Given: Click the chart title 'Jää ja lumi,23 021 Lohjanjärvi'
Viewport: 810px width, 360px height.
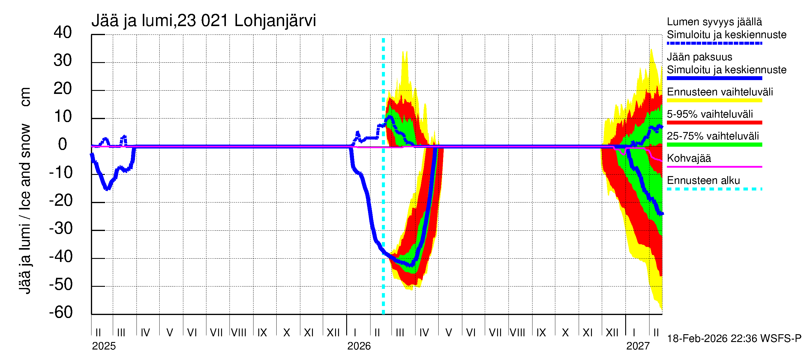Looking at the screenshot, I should (x=203, y=21).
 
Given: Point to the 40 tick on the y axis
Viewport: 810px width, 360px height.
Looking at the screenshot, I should (x=63, y=32).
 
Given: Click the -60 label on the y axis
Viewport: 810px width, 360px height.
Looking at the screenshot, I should (x=61, y=312).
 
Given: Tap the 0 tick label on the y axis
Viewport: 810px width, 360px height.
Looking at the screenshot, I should (x=63, y=144).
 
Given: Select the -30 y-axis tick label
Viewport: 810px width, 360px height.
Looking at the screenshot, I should (x=61, y=228).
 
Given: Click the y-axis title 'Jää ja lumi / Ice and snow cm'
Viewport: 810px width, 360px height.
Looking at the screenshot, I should (x=25, y=190).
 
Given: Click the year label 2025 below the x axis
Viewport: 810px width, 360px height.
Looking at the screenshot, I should (x=104, y=346).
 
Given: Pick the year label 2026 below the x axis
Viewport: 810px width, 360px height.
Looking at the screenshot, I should (x=359, y=346).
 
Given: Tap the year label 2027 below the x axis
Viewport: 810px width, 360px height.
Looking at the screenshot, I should (x=638, y=346).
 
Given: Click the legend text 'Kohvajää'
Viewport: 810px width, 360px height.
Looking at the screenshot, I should (x=688, y=158).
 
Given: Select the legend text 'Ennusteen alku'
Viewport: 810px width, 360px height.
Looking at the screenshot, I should (x=703, y=181).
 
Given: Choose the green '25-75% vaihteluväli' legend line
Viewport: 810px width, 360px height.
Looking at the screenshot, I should (x=714, y=145).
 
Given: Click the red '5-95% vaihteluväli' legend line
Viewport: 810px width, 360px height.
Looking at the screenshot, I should (x=714, y=123).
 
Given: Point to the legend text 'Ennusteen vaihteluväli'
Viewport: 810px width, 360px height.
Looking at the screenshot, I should (x=720, y=92).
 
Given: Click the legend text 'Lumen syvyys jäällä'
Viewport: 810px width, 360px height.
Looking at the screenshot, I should (x=714, y=22).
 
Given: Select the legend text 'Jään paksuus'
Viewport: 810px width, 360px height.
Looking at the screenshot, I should (x=699, y=57).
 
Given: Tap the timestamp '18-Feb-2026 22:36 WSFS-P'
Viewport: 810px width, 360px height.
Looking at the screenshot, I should (x=734, y=339).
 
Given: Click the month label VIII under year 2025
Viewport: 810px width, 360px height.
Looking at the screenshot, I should (x=239, y=333).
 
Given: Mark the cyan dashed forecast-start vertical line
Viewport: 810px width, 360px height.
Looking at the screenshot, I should (x=383, y=220).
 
